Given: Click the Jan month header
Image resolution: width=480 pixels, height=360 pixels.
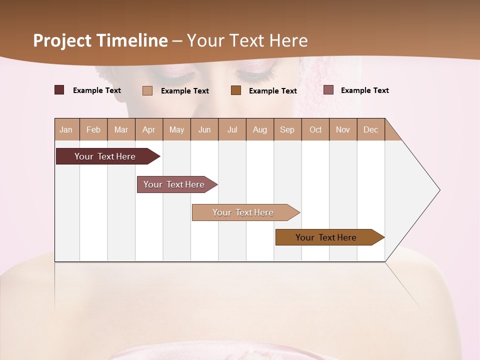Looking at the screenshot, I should click(66, 129).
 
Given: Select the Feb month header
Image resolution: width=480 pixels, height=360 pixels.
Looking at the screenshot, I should click(93, 129).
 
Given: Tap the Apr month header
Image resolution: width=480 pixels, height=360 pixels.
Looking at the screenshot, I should click(149, 129).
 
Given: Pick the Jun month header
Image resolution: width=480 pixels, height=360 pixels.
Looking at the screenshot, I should click(204, 129).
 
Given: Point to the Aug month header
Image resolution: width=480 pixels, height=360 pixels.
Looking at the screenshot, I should click(260, 129).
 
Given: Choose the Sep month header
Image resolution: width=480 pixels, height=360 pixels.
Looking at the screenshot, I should click(287, 129).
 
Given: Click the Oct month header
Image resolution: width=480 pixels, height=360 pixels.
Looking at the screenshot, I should click(315, 129).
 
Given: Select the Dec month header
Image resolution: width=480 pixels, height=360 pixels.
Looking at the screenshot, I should click(371, 129).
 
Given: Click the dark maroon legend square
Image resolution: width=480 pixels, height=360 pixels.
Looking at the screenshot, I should click(59, 90).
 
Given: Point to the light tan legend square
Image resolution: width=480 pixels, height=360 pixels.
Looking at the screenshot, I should click(147, 90).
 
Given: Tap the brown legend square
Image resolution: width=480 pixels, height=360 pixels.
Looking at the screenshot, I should click(236, 90).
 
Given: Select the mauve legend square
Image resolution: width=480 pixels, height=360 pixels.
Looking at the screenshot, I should click(328, 90).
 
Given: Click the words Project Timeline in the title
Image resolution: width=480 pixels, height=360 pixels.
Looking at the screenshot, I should click(100, 40).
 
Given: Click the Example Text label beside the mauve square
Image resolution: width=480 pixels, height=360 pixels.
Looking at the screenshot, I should click(364, 90).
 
